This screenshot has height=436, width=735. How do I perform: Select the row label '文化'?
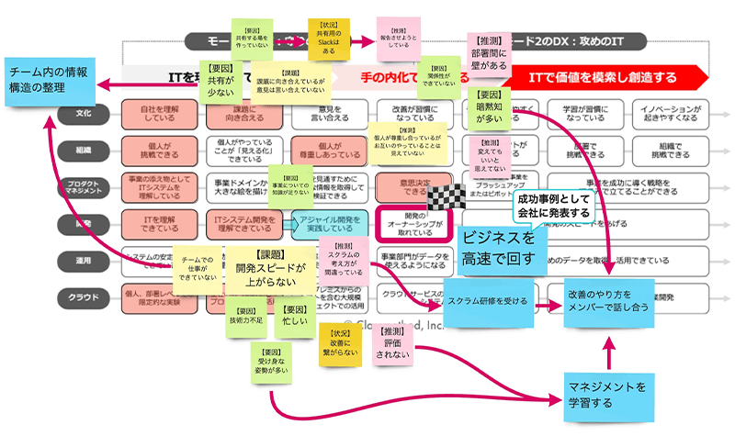point(81,113)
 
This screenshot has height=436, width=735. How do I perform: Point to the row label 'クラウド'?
point(80,296)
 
